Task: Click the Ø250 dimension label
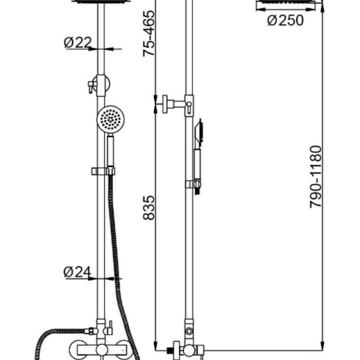[285, 21]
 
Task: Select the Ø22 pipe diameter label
[78, 42]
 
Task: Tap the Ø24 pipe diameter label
[77, 272]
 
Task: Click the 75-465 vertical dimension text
[149, 33]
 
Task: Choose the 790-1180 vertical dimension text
[315, 177]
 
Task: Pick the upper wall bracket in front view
[100, 84]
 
